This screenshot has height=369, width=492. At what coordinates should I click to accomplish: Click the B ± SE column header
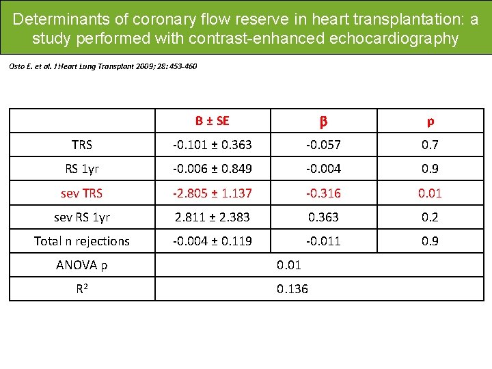click(x=213, y=121)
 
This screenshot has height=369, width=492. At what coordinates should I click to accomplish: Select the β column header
click(x=323, y=122)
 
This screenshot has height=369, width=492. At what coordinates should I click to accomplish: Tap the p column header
click(x=430, y=122)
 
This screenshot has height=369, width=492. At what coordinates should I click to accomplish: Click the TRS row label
click(x=82, y=145)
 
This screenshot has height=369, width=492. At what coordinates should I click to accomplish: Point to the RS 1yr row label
click(x=82, y=169)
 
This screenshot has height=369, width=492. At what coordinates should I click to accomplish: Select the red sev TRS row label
click(x=82, y=193)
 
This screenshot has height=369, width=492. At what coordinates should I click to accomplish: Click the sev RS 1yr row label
click(x=82, y=217)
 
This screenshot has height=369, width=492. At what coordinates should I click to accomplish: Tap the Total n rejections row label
click(x=82, y=241)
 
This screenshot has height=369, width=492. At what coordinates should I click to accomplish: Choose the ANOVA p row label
click(x=82, y=264)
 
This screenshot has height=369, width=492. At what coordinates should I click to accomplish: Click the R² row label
click(x=82, y=288)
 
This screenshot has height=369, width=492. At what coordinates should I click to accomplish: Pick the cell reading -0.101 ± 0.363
click(x=213, y=145)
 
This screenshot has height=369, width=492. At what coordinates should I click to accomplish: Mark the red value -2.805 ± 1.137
click(x=213, y=193)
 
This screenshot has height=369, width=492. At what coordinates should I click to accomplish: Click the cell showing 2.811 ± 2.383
click(x=213, y=217)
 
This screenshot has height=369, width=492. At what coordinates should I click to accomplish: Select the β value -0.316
click(x=323, y=193)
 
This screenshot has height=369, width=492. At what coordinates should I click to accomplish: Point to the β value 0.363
click(x=323, y=217)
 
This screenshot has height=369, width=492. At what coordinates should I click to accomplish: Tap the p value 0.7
click(x=430, y=145)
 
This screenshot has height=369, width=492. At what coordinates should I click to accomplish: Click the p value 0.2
click(x=430, y=217)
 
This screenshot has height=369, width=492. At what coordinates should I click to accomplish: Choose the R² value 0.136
click(x=292, y=289)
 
